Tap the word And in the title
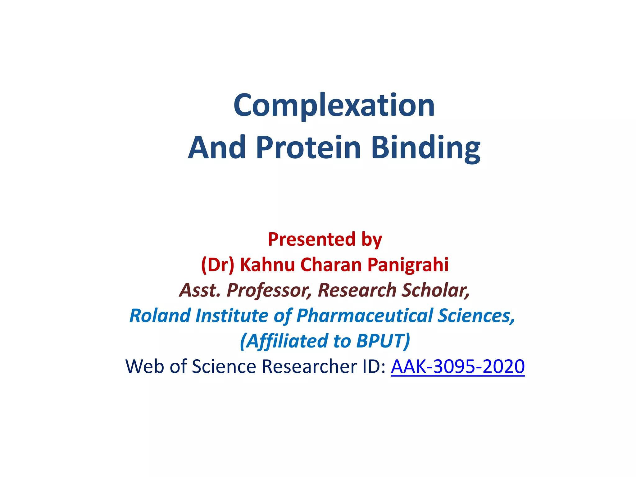pos(217,148)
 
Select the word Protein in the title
pos(308,148)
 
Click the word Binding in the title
pos(425,148)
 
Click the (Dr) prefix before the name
pos(217,265)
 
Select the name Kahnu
pos(267,265)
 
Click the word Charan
pos(331,265)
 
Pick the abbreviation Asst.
pos(200,290)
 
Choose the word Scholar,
pos(435,290)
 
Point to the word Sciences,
pos(476,316)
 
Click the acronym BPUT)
pos(383,341)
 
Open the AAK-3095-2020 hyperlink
pos(457,367)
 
